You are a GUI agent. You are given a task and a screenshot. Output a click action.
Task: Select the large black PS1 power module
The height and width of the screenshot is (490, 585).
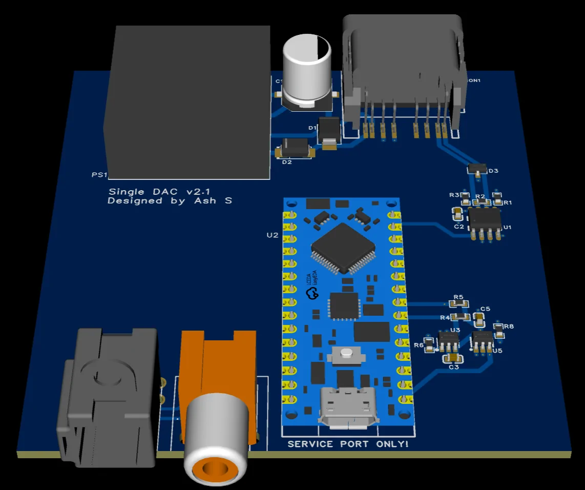click(x=187, y=103)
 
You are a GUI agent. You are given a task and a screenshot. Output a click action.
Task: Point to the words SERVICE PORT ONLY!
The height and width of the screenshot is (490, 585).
click(x=348, y=444)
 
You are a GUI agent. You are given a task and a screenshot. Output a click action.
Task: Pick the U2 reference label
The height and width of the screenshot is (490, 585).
click(x=272, y=235)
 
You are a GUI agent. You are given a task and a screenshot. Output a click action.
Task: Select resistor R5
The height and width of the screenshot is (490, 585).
click(x=459, y=303)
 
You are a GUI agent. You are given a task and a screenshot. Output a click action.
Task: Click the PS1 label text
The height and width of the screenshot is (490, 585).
click(x=99, y=175)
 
